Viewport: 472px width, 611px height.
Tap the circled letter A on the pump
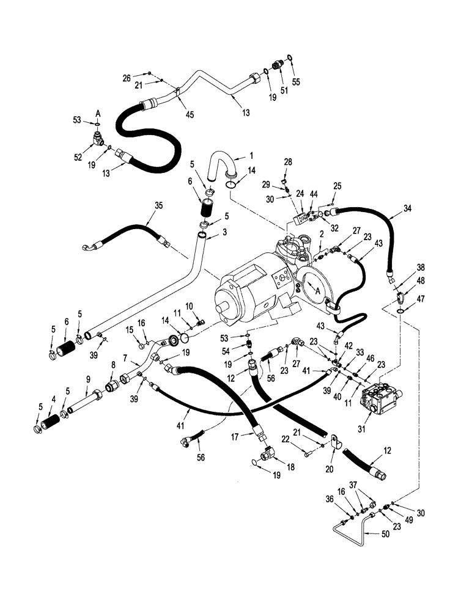click(317, 291)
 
